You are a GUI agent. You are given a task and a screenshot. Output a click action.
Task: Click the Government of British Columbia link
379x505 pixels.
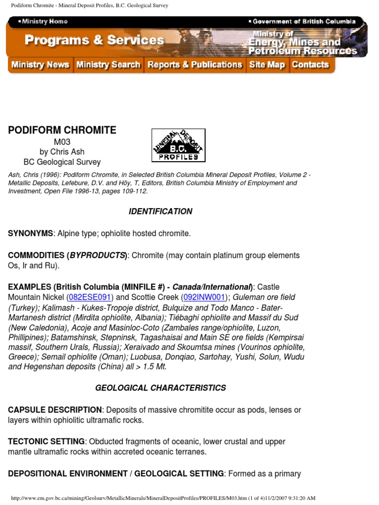click(303, 22)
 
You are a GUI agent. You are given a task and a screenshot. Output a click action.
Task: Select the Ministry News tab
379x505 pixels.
click(40, 65)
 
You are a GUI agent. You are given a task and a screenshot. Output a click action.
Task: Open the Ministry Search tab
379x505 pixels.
click(109, 65)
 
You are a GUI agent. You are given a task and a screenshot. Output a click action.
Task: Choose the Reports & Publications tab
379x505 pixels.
click(195, 65)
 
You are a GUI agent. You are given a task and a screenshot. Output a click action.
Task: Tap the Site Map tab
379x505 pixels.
click(267, 65)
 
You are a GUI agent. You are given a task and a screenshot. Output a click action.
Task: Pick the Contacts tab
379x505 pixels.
click(310, 65)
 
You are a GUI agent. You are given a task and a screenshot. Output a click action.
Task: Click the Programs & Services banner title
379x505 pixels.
click(94, 40)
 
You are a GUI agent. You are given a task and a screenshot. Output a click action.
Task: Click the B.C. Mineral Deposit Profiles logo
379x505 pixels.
click(178, 145)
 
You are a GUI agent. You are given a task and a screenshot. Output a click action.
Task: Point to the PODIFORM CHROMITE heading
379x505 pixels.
click(62, 131)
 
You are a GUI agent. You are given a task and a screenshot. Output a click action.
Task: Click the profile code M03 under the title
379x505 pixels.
click(62, 143)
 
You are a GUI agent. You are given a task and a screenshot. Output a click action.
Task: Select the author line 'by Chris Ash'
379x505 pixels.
click(62, 152)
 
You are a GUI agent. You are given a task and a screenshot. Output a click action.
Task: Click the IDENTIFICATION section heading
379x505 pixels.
click(160, 212)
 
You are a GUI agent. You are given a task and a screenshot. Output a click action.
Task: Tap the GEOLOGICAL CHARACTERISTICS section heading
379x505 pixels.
click(160, 388)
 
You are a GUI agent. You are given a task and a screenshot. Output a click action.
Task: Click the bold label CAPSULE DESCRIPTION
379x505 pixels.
click(55, 410)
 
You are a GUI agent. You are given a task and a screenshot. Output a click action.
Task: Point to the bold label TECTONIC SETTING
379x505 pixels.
click(46, 442)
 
